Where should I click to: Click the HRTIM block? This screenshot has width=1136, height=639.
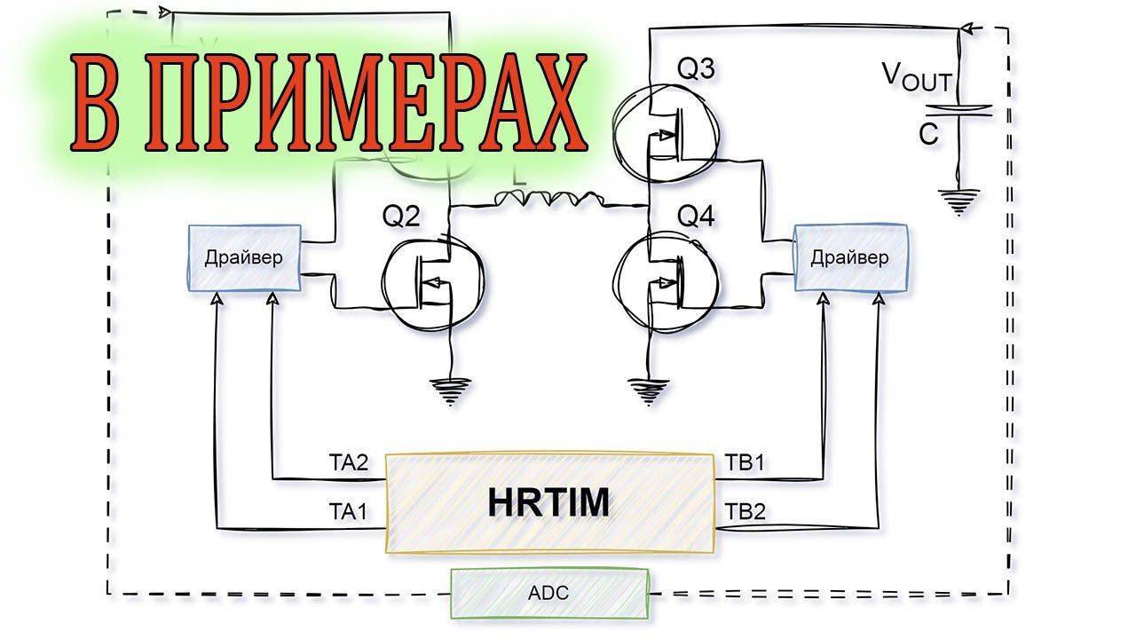pyautogui.click(x=549, y=503)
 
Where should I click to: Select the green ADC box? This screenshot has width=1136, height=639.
pyautogui.click(x=549, y=593)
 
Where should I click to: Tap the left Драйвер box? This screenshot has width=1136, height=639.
pyautogui.click(x=244, y=258)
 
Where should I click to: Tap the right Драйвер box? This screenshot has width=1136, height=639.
pyautogui.click(x=850, y=258)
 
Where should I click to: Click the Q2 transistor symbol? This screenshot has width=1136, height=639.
pyautogui.click(x=434, y=284)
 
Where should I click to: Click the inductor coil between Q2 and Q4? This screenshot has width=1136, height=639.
pyautogui.click(x=548, y=200)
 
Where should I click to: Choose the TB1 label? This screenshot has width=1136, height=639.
pyautogui.click(x=744, y=462)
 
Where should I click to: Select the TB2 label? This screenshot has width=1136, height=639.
pyautogui.click(x=744, y=511)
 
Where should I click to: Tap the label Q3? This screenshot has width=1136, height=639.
pyautogui.click(x=695, y=68)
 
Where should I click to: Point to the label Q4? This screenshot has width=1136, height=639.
pyautogui.click(x=695, y=216)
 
